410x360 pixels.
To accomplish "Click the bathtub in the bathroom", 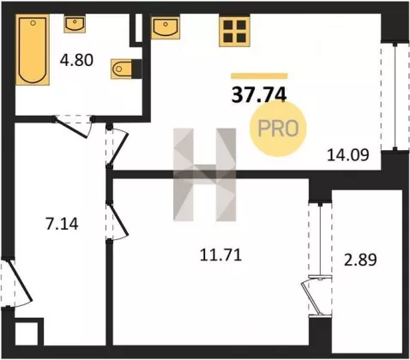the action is click(x=33, y=50).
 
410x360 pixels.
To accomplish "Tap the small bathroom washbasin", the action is click(x=75, y=24).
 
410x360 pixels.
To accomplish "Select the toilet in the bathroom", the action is click(x=122, y=69).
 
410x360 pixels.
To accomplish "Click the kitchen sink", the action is click(x=166, y=27).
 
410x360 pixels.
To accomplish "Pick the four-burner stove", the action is click(x=234, y=31).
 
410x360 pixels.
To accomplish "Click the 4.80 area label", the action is click(x=76, y=60).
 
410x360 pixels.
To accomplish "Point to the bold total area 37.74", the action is click(x=259, y=95).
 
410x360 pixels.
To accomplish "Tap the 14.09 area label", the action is click(x=348, y=155).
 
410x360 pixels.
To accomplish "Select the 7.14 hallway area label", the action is click(x=62, y=224).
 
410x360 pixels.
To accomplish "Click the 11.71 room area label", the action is click(x=220, y=255).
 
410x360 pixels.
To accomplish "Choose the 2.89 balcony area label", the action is click(x=360, y=260).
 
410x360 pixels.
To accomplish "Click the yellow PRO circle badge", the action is click(x=278, y=129).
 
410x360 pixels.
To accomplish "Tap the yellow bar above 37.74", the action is click(x=259, y=75).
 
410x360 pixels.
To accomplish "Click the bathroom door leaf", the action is click(x=71, y=128).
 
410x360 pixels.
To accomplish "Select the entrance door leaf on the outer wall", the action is click(x=19, y=281).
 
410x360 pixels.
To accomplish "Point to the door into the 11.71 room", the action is click(x=118, y=219).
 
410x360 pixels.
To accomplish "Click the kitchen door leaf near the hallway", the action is click(x=118, y=149).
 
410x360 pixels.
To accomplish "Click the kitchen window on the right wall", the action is click(x=395, y=96).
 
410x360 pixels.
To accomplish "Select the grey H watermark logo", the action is click(x=205, y=175).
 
